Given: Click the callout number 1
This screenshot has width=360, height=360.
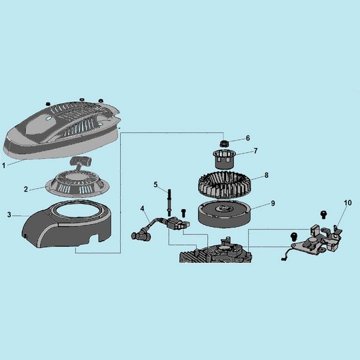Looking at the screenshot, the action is point(3,165).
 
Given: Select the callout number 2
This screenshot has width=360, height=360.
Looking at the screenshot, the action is point(26,190).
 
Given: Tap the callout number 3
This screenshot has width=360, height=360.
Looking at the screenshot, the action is point(9,215).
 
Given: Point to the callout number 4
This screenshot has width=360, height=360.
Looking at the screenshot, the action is point(143,209).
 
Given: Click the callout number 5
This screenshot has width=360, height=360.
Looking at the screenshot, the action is point(156,185).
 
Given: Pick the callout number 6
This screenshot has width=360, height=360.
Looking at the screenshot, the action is point(248,138).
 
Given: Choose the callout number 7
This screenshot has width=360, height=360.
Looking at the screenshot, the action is point(255,151).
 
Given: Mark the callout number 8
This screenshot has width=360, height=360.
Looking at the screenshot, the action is point(266,175).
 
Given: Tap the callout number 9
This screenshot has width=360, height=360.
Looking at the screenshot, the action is point(273,203).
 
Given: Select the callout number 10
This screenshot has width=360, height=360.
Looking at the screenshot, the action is point(348,202).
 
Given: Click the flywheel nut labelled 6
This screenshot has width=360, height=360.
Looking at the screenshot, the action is point(223,144).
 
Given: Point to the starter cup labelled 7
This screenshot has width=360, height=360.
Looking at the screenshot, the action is point(222,159).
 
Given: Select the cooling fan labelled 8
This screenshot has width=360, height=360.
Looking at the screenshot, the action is point(225,185).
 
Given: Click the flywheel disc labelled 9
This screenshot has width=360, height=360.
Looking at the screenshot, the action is point(225,213).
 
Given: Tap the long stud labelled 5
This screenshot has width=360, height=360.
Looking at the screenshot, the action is point(169,202).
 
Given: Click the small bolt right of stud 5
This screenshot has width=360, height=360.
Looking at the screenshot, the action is point(183,213).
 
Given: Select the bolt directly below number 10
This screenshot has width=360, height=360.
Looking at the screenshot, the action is point(323,215).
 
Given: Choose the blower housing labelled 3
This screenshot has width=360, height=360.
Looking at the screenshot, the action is point(69,226).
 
